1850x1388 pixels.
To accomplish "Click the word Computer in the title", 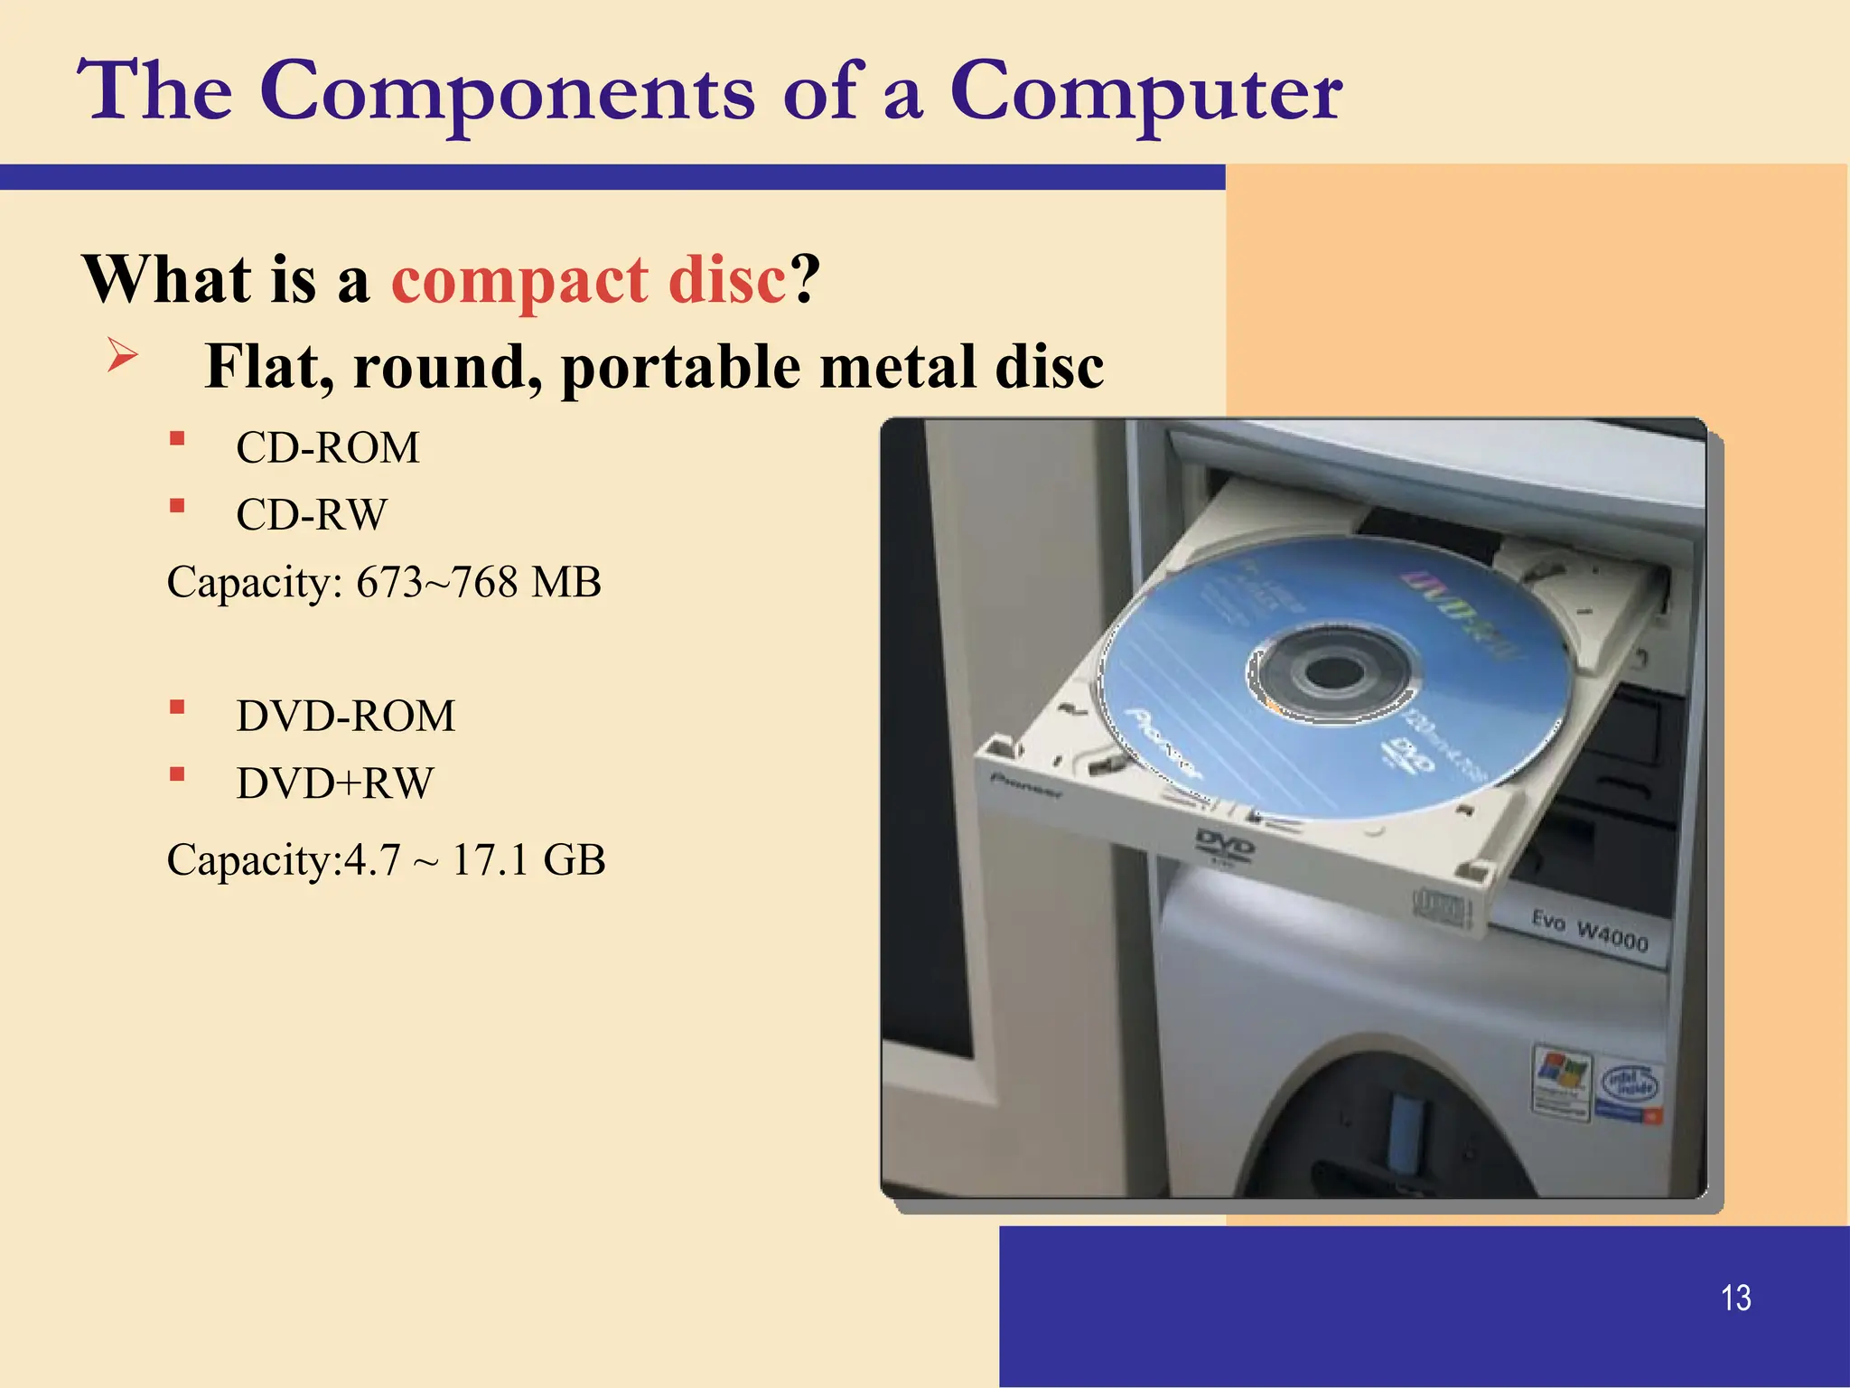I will click(1145, 92).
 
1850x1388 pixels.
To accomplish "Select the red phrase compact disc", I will click(588, 279).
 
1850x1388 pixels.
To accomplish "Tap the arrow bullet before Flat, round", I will click(122, 354).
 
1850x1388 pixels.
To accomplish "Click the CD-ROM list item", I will click(327, 448).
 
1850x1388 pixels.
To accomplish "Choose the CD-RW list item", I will click(311, 515).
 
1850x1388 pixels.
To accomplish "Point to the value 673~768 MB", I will click(478, 582).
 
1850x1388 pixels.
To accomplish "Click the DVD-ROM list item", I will click(345, 717).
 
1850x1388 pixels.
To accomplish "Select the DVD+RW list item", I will click(334, 783).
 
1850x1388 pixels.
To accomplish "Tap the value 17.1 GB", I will click(528, 860).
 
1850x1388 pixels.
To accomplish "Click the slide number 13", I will click(1735, 1299).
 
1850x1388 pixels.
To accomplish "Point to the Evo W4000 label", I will click(1590, 932).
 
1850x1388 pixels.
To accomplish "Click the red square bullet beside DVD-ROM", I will click(177, 707).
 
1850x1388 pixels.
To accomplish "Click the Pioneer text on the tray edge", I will click(1027, 786).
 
